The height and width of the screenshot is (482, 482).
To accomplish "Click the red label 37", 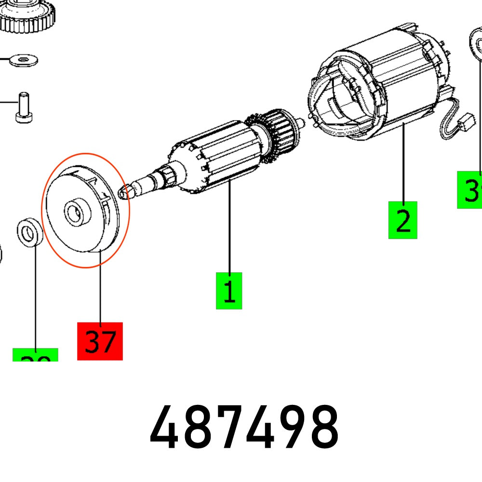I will tap(100, 341).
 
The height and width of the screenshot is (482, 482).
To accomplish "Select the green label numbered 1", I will tap(229, 291).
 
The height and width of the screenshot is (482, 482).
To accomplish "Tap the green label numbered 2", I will tap(402, 220).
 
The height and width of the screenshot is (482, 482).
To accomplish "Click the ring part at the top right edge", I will tap(476, 46).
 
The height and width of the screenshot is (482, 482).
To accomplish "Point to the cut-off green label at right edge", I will tap(470, 189).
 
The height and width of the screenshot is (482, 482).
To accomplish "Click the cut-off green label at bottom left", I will tap(35, 355).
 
